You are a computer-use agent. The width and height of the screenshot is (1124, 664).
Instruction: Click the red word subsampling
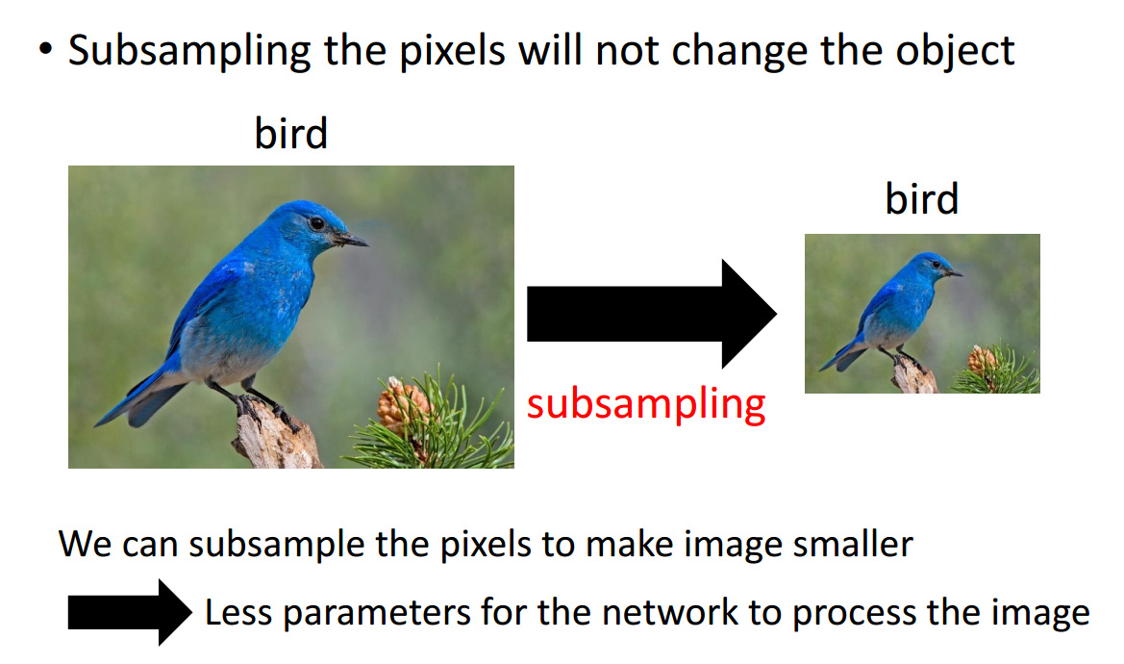coord(646,404)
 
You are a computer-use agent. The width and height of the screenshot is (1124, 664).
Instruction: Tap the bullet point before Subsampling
coord(46,49)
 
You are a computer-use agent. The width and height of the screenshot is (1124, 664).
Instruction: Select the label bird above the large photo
coord(291,134)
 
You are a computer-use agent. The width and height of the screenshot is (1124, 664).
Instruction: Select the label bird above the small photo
coord(922,198)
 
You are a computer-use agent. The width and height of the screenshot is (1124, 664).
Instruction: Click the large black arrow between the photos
coord(652,314)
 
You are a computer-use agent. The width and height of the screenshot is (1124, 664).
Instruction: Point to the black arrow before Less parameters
coord(130,612)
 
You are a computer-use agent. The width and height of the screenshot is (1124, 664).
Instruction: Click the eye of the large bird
coord(317,223)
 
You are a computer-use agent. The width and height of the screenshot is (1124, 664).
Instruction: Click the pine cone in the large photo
coord(403,405)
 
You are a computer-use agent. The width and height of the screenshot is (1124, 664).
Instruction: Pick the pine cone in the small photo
coord(982,360)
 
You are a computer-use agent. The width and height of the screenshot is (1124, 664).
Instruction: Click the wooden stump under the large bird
coord(275,437)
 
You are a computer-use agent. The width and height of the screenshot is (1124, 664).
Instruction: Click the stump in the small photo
coord(914,374)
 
